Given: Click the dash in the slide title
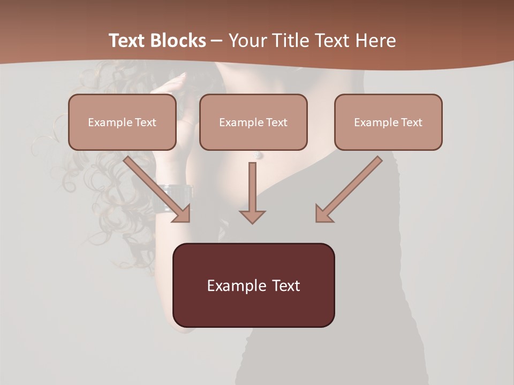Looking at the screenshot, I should click(x=217, y=41).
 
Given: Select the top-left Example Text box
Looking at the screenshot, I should click(x=122, y=122).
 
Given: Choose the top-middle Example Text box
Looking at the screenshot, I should click(x=253, y=122).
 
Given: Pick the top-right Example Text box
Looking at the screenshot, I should click(x=388, y=122).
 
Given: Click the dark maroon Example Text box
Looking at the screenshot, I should click(x=253, y=285).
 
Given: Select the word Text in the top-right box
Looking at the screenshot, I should click(x=411, y=122).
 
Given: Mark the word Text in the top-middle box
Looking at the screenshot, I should click(x=276, y=122).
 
